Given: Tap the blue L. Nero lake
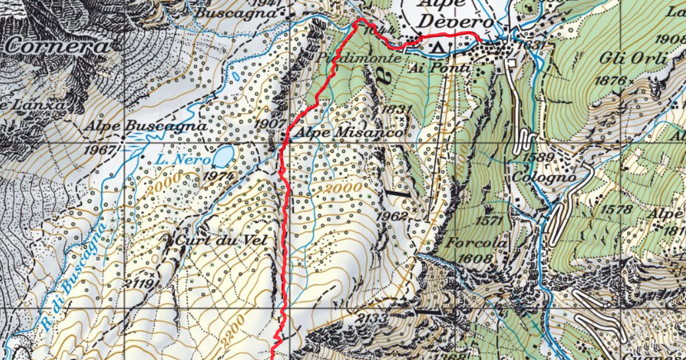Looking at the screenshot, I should [x=222, y=156].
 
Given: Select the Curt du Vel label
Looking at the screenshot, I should [x=221, y=240].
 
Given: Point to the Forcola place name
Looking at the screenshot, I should [x=476, y=243].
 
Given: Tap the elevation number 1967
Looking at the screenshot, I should [x=99, y=149].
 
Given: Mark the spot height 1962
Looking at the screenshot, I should [x=394, y=216].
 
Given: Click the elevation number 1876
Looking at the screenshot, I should [x=612, y=80].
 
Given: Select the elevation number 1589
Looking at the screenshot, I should [x=538, y=157].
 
